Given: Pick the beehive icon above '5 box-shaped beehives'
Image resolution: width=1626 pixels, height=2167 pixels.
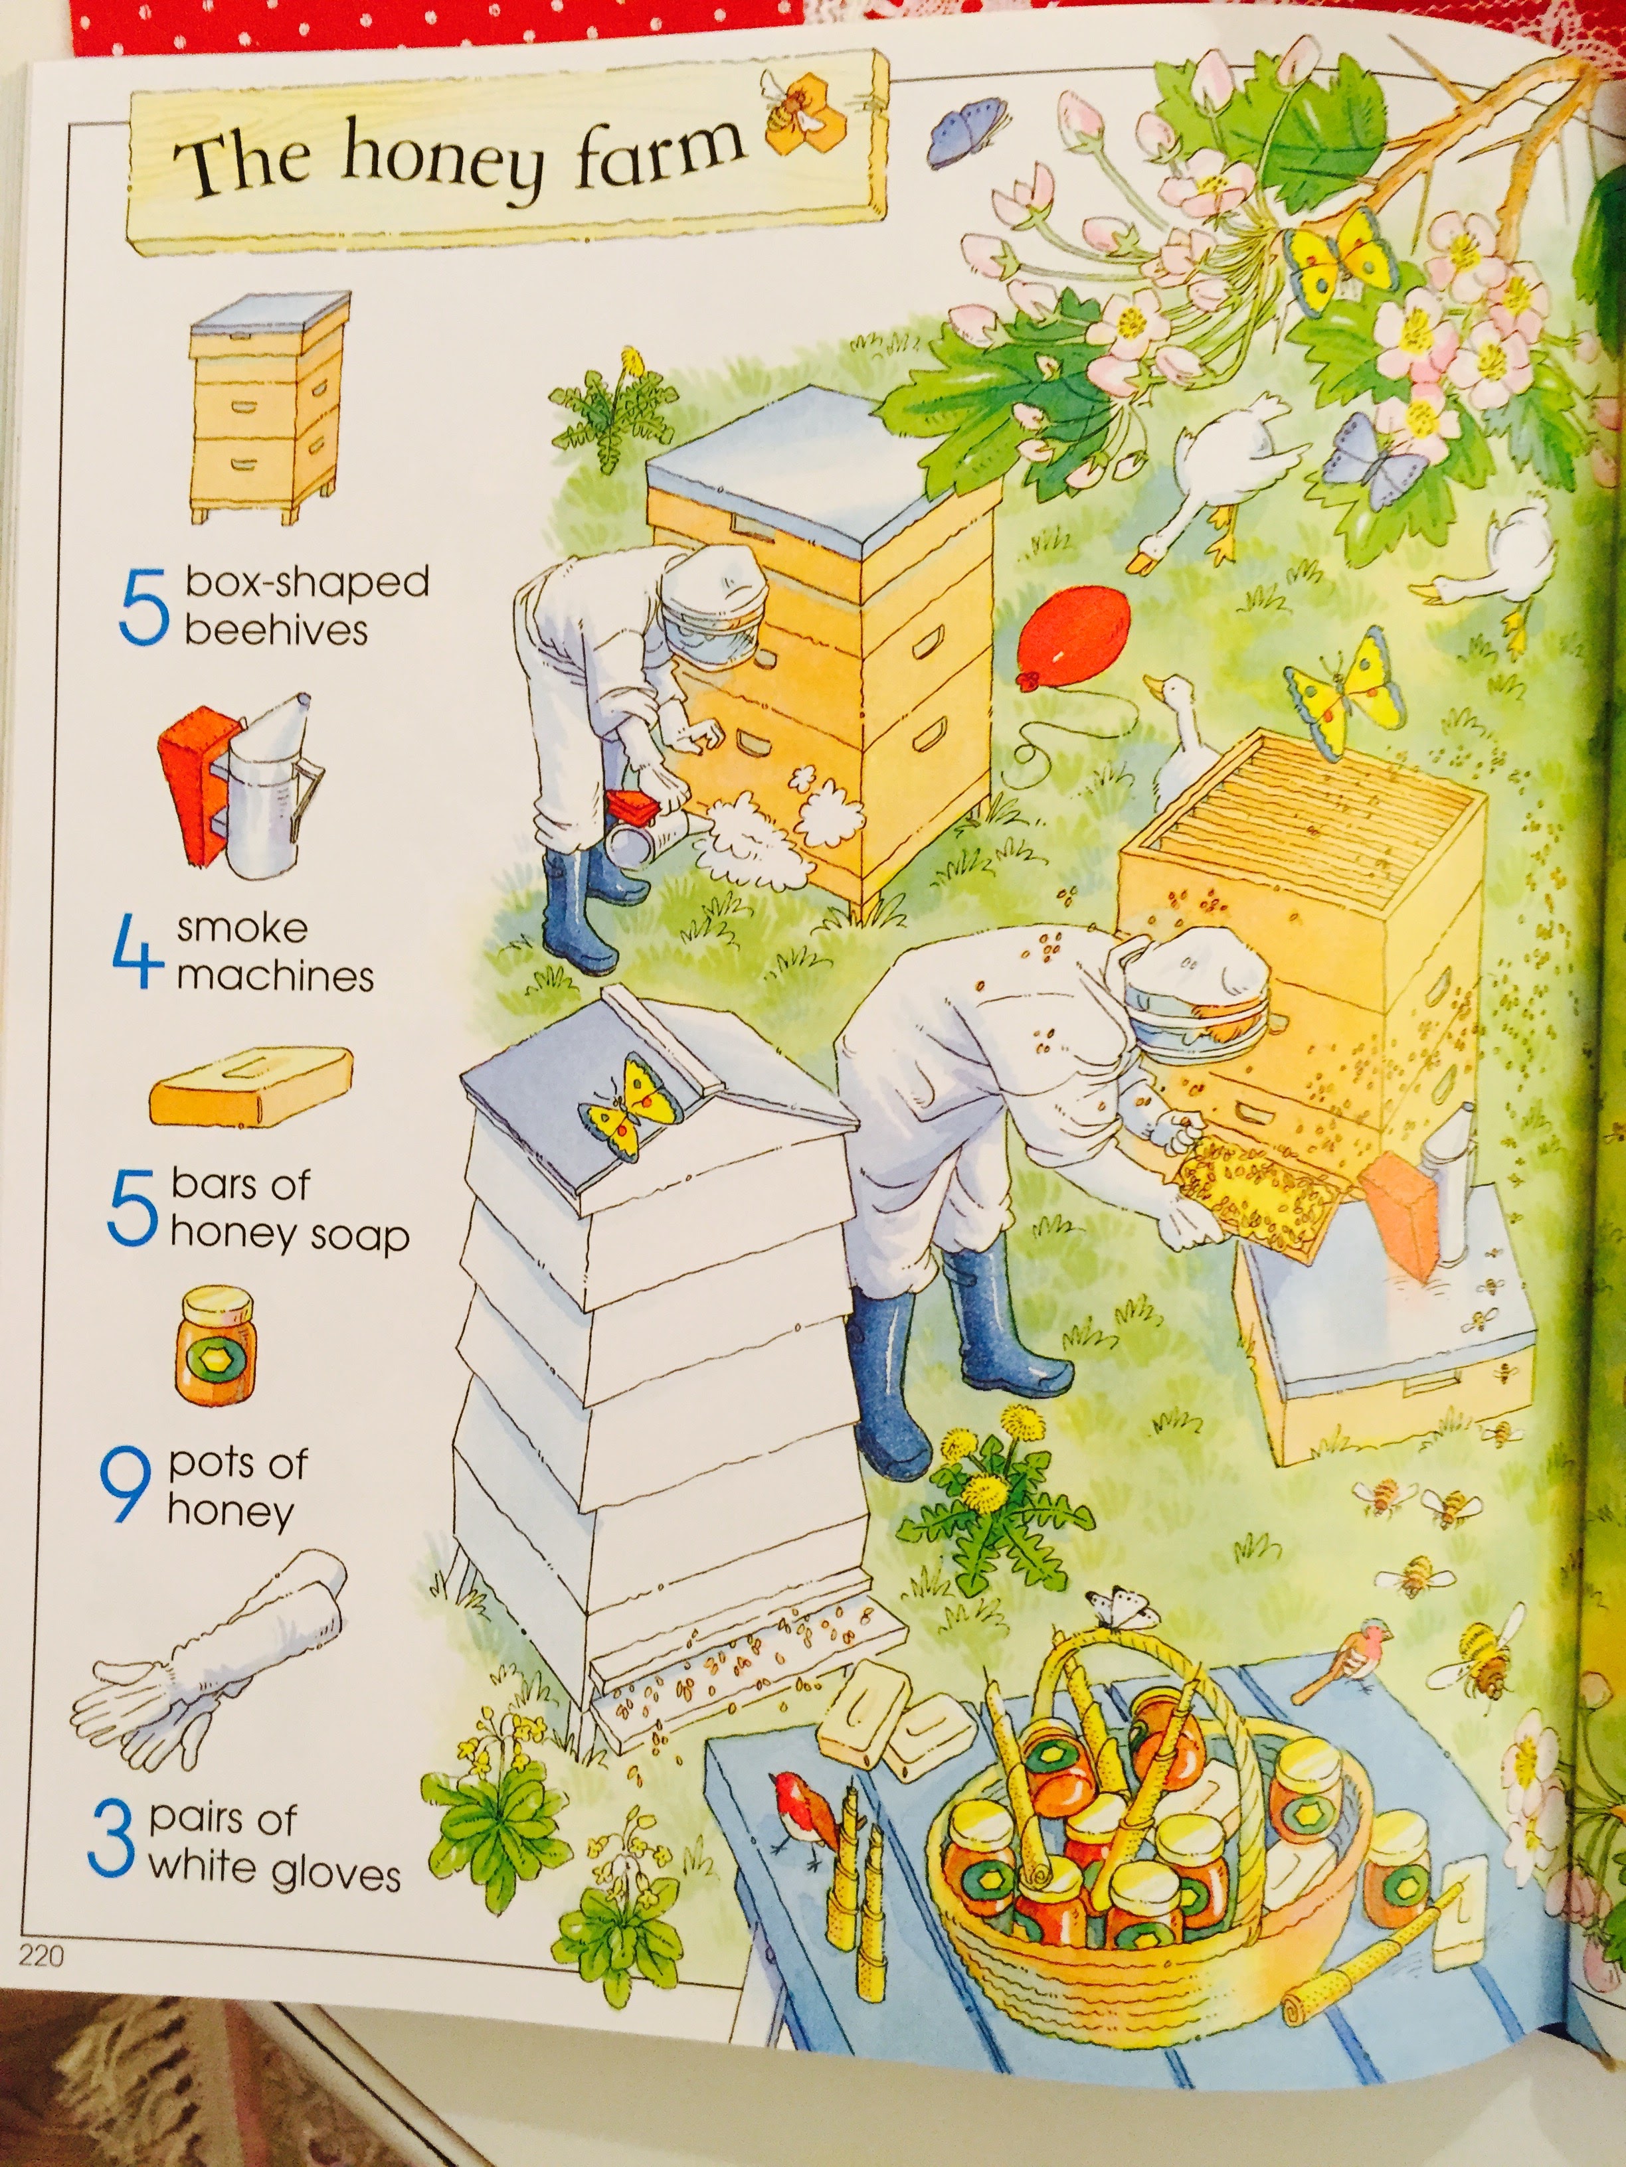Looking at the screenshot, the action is (x=270, y=406).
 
